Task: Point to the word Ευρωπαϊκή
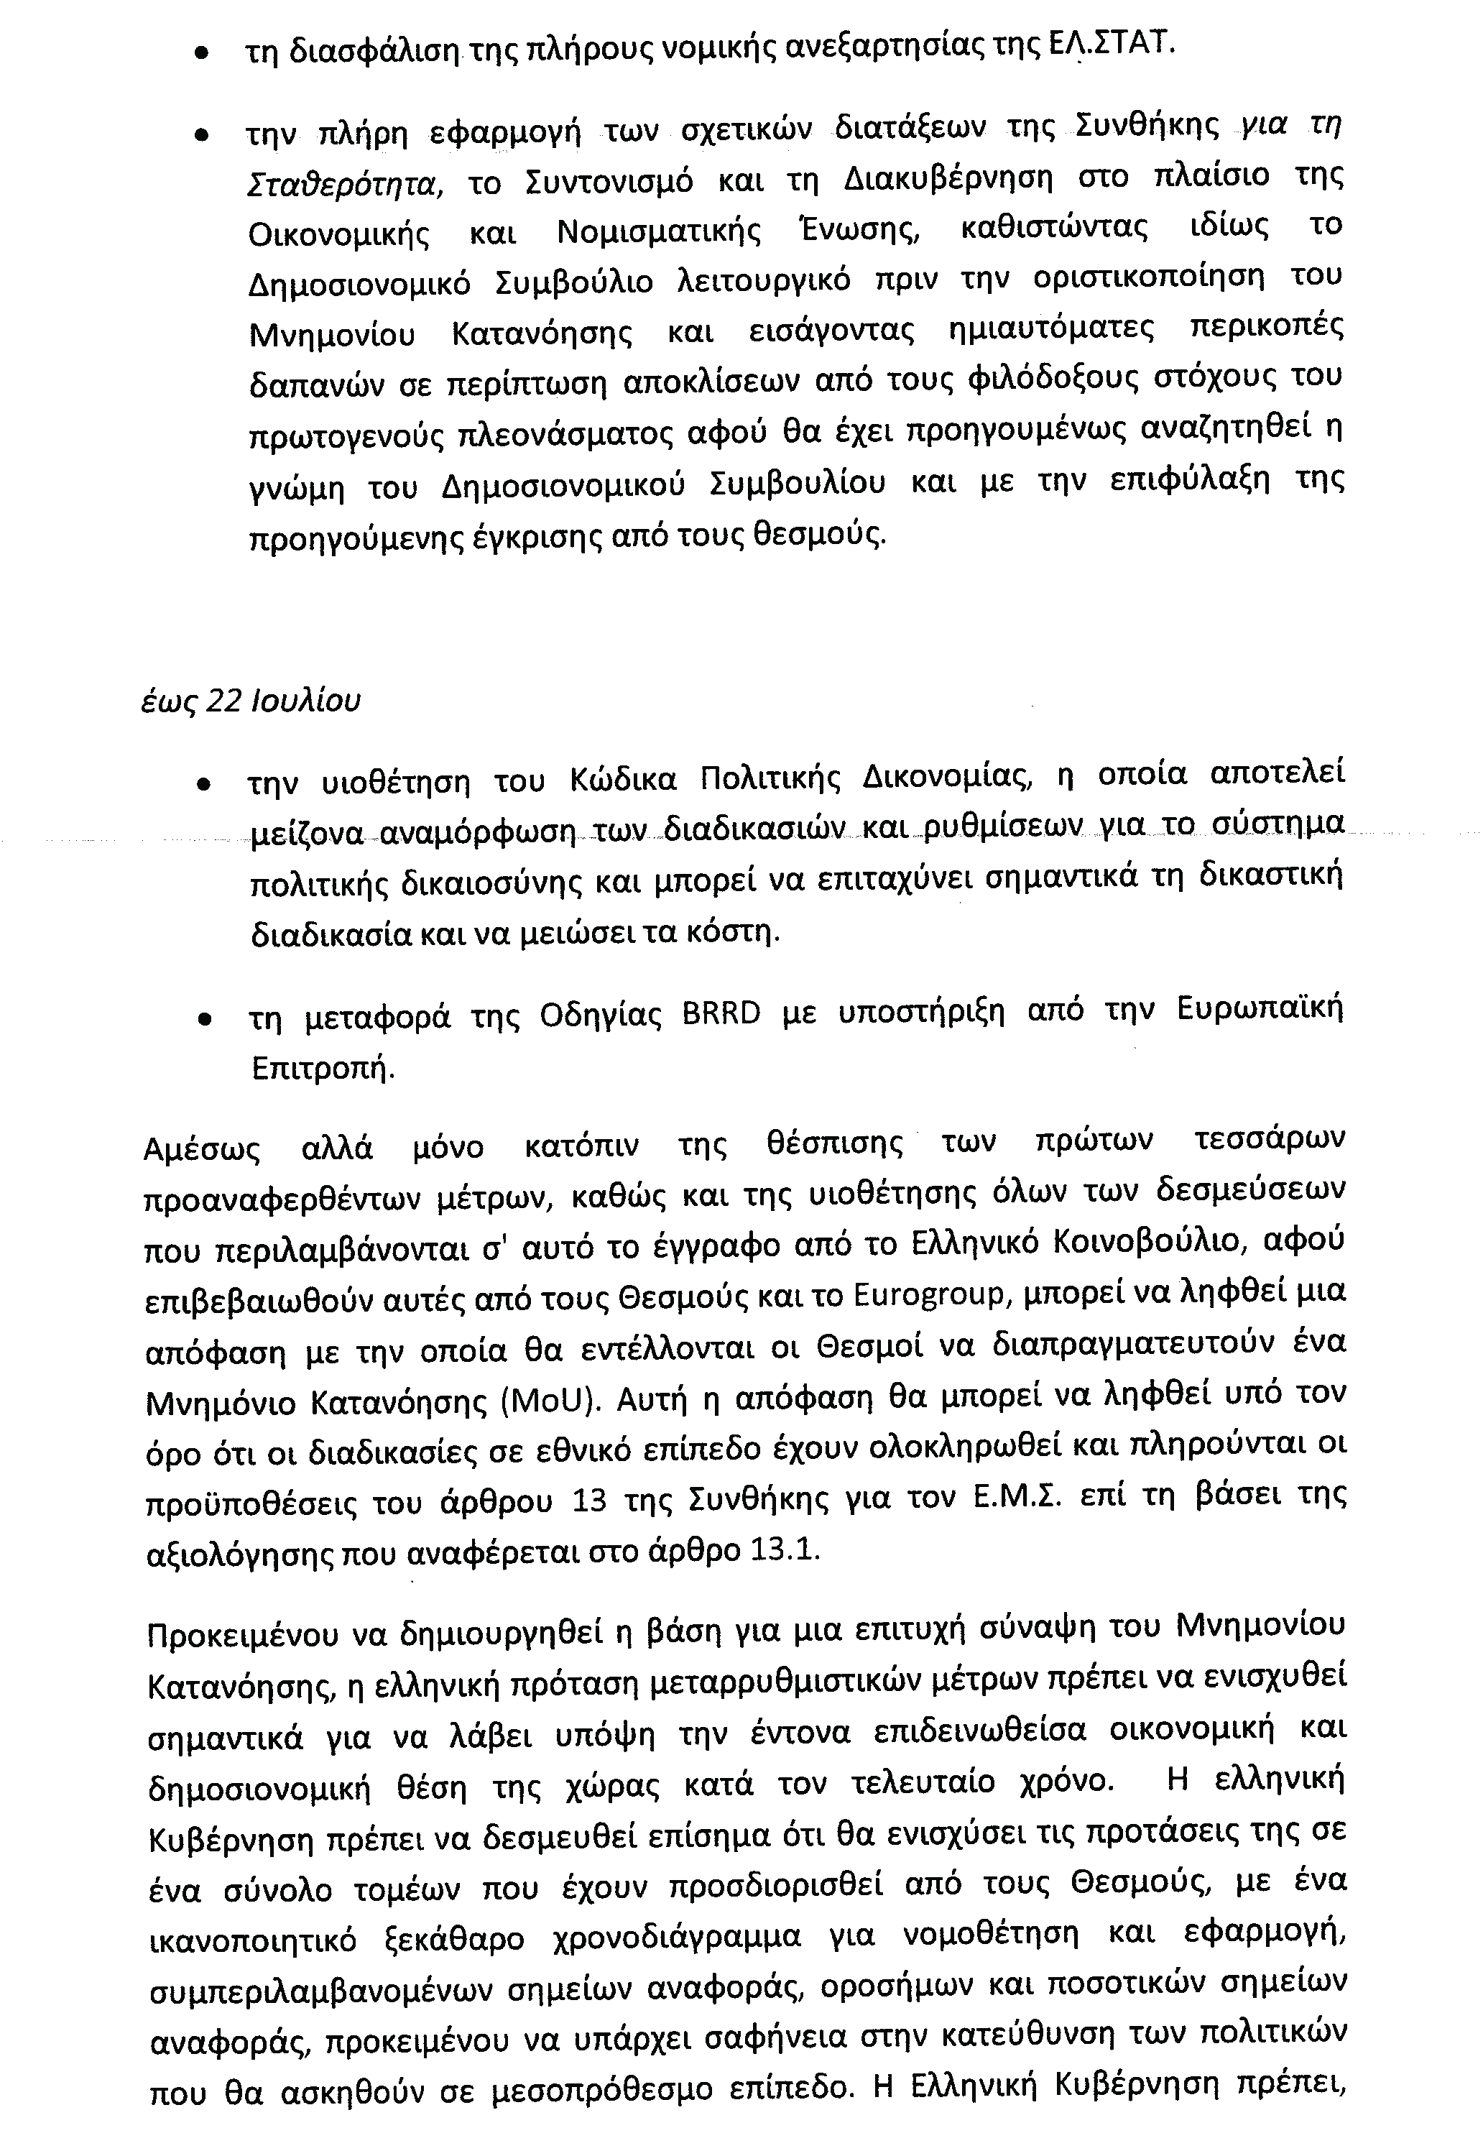point(1260,1012)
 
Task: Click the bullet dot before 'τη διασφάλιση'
point(200,53)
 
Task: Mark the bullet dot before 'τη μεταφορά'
point(203,1019)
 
